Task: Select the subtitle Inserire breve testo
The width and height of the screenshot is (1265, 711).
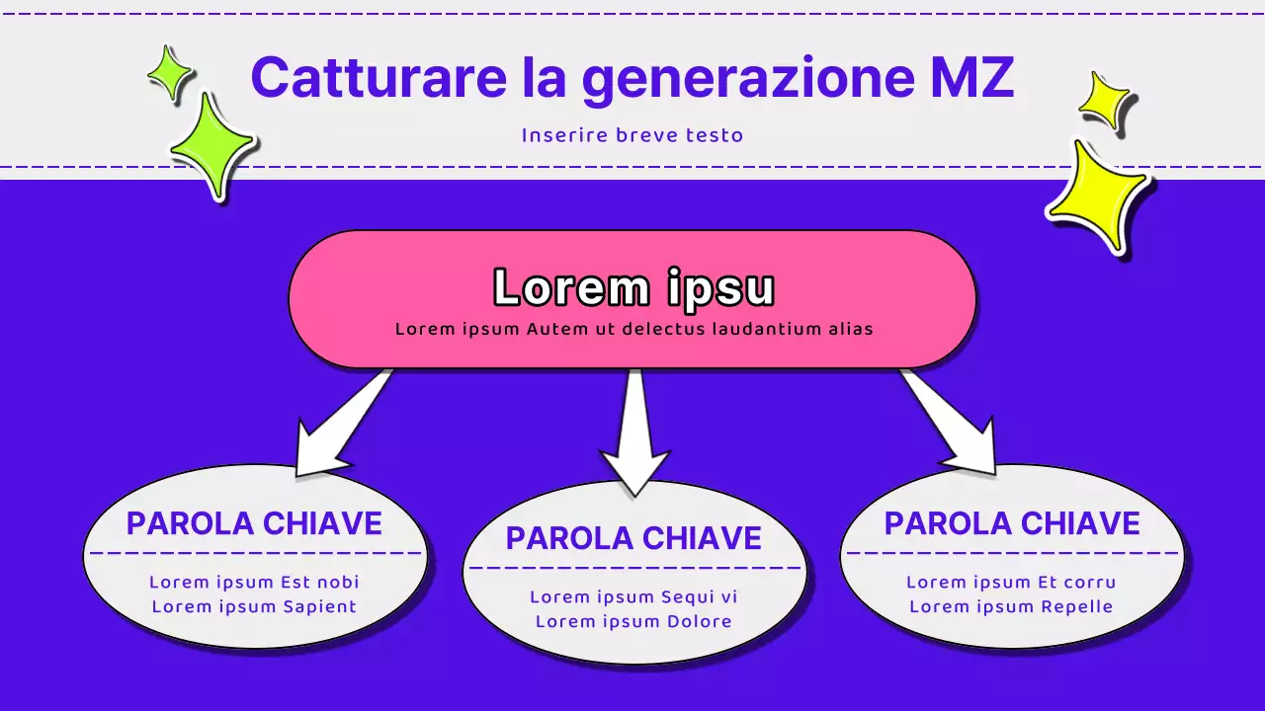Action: (632, 135)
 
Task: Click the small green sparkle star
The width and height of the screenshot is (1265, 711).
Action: (170, 74)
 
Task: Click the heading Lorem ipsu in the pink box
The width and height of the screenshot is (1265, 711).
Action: (632, 288)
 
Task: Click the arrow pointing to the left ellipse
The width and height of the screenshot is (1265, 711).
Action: (341, 425)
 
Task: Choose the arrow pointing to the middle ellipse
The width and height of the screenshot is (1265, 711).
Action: (634, 434)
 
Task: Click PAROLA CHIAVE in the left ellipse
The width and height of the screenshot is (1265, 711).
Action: (254, 523)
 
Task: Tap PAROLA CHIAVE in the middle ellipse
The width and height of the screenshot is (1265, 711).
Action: (633, 538)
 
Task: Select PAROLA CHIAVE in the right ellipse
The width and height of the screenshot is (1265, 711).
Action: (1012, 523)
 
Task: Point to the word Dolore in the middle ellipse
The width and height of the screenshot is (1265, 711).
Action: (698, 621)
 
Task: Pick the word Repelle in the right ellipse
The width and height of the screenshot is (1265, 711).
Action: (1078, 606)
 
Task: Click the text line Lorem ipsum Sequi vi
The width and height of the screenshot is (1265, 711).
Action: (633, 596)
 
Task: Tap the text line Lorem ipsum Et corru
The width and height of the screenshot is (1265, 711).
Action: (1011, 582)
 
